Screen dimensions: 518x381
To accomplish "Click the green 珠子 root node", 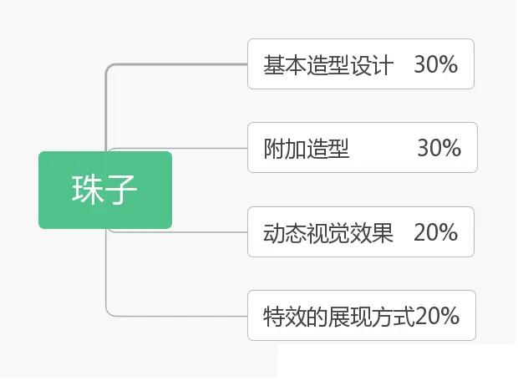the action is coord(105,190).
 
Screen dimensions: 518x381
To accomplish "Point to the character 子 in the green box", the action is coord(122,190).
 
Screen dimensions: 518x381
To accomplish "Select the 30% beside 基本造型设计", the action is coord(435,64).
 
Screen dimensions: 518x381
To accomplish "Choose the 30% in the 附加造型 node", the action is coord(439,148).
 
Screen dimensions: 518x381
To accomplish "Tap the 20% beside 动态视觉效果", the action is coord(435,232).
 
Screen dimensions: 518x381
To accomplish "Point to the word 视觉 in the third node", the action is coord(328,232).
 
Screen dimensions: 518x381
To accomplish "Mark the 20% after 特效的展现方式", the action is coord(437,316).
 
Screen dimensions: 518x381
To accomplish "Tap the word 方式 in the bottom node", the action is coord(394,316).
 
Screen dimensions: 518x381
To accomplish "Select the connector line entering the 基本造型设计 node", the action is coord(184,64).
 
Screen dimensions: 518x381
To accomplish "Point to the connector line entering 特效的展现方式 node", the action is coord(184,316).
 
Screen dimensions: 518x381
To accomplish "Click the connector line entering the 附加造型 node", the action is coord(209,149).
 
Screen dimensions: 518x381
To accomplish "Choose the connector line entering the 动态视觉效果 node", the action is coord(209,231).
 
